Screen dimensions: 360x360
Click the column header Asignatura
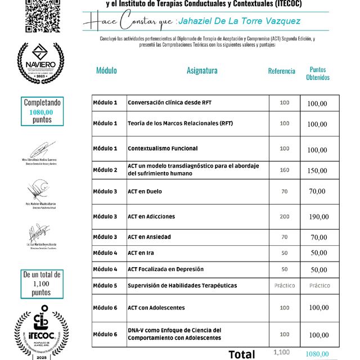[x=202, y=71]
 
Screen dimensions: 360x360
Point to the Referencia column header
[x=281, y=71]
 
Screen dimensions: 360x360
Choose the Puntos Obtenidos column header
[x=318, y=74]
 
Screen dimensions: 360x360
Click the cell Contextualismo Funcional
[x=163, y=148]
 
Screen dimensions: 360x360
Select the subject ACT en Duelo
[x=145, y=191]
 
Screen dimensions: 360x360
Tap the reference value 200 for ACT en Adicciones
[x=284, y=217]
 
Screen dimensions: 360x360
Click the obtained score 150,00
[x=317, y=170]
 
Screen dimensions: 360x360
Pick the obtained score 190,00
[x=318, y=217]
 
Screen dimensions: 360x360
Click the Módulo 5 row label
[x=105, y=286]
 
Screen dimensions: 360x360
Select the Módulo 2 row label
[x=105, y=170]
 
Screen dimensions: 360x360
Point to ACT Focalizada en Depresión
[x=165, y=269]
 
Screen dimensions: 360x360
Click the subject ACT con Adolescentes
[x=156, y=308]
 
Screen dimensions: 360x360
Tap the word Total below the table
[x=241, y=354]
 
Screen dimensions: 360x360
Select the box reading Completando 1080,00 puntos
[x=42, y=111]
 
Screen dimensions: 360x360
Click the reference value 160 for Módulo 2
[x=284, y=170]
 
